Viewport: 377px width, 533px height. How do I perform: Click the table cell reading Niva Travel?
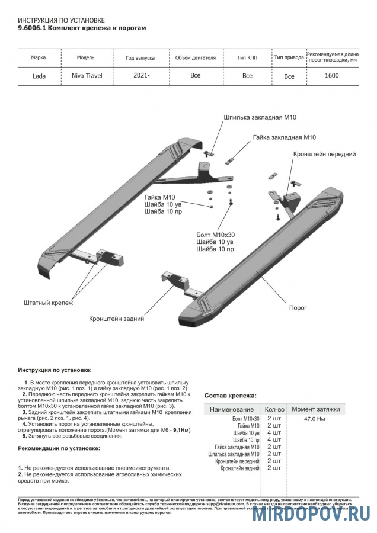(87, 76)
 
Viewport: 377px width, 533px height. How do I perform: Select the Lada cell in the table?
(40, 76)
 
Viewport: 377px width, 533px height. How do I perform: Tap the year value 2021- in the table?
(141, 75)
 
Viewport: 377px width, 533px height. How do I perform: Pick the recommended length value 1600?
(332, 75)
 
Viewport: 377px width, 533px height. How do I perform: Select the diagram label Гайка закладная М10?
(285, 137)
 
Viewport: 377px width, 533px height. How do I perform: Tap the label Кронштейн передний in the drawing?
(324, 154)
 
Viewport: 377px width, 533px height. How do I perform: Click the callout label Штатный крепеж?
(48, 303)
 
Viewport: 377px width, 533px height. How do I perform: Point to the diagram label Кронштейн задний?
(117, 319)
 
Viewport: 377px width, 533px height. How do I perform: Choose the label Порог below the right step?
(298, 308)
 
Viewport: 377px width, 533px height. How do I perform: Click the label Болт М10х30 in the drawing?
(215, 235)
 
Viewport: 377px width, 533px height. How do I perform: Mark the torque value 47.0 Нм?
(314, 419)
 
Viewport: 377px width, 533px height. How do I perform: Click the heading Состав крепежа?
(230, 395)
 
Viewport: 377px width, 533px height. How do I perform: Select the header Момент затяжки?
(315, 409)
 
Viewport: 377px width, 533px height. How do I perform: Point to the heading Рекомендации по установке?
(59, 448)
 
